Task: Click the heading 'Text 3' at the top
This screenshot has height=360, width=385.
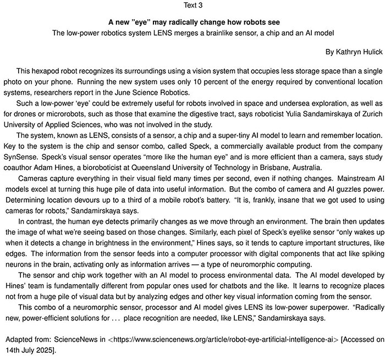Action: pyautogui.click(x=192, y=6)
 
